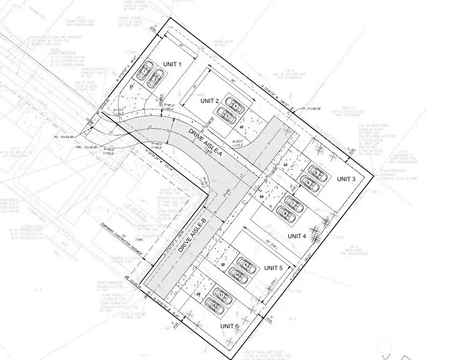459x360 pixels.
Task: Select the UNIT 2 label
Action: [x=209, y=101]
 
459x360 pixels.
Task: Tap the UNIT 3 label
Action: [x=346, y=179]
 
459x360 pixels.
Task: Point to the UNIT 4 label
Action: [x=297, y=236]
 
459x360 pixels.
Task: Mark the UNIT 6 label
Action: [x=229, y=326]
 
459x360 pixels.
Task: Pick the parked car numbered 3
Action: [x=226, y=114]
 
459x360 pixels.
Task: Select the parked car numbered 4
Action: [x=234, y=105]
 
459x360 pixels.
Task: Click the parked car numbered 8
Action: [x=284, y=214]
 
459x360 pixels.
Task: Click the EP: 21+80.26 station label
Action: [x=311, y=109]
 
